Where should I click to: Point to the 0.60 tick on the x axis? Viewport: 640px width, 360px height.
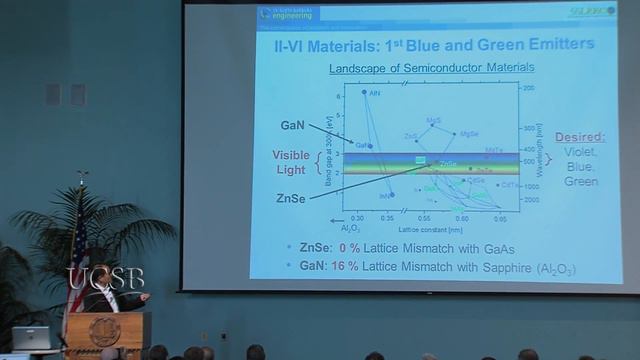click(x=462, y=217)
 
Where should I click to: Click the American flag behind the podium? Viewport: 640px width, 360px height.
click(x=79, y=250)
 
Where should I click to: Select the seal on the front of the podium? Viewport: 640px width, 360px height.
click(x=103, y=332)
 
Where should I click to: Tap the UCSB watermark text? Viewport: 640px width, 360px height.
click(x=105, y=277)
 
